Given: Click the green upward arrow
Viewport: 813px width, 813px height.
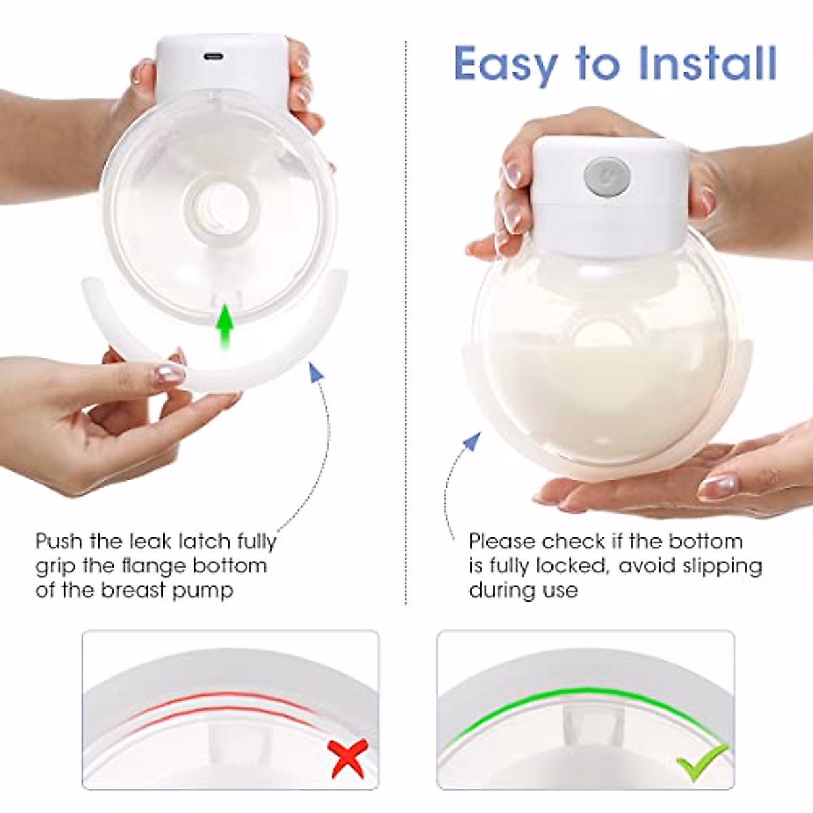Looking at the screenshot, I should tap(225, 327).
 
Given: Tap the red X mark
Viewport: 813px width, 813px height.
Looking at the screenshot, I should tap(348, 757).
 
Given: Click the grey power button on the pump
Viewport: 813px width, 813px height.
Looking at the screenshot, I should tap(607, 174).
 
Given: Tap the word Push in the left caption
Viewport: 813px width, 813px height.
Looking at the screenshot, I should tap(60, 541).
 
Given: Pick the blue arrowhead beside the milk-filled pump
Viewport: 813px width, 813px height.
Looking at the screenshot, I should tap(472, 442).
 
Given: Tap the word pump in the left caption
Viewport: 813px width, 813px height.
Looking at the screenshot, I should tap(203, 590).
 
